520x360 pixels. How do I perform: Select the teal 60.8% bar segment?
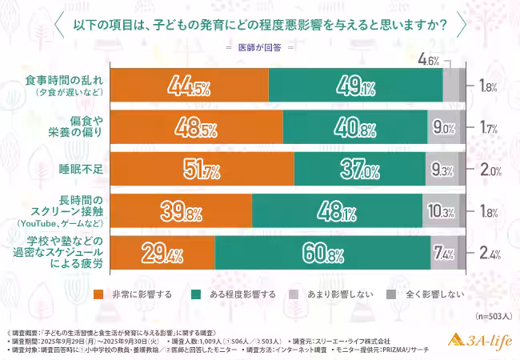322,254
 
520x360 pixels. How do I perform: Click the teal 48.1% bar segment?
339,212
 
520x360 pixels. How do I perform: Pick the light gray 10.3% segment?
441,212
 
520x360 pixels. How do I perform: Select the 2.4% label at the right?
490,254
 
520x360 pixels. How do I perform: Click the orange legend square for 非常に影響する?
98,294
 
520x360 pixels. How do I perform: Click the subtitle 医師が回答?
259,48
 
